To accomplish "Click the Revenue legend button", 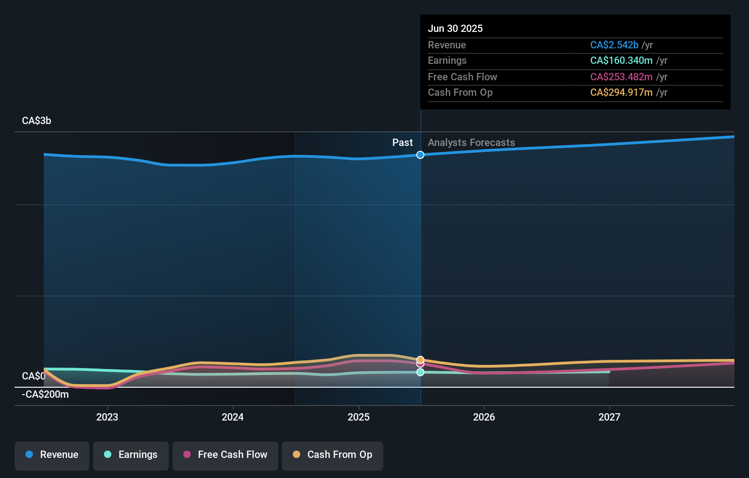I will (x=52, y=455).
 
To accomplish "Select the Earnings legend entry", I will (x=131, y=455).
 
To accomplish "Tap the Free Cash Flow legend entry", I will (x=225, y=455).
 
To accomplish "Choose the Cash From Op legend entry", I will (x=333, y=455).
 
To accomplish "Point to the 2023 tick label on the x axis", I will (x=107, y=417).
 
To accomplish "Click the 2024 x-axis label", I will (x=233, y=417).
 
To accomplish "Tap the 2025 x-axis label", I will (x=359, y=417).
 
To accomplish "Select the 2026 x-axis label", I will (x=484, y=417).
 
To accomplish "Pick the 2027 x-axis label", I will (x=609, y=417).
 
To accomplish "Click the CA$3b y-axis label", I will (x=36, y=121).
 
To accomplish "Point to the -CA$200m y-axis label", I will (x=45, y=395).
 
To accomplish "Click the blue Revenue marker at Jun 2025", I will (x=420, y=155).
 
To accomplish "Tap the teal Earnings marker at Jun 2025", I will (x=420, y=372).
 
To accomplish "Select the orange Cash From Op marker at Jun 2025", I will (x=420, y=360).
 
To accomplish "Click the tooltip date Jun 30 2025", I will (x=455, y=28).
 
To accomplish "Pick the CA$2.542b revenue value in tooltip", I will (x=614, y=45).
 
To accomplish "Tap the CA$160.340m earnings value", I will (x=621, y=61).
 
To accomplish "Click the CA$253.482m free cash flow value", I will (x=621, y=77).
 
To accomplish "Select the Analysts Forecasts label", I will (x=471, y=143).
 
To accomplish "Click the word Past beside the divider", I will (x=402, y=143).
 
